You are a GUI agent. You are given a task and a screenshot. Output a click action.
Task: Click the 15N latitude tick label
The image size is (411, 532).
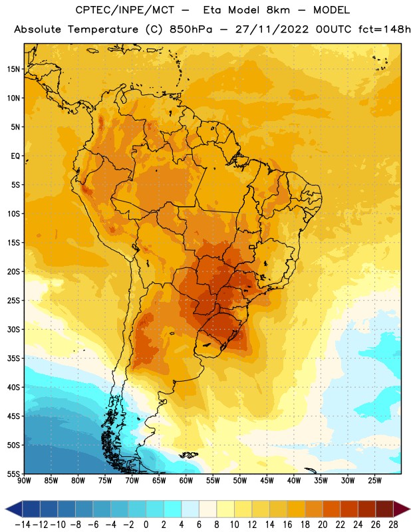click(13, 69)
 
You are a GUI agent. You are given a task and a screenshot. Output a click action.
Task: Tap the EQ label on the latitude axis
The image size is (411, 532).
click(15, 156)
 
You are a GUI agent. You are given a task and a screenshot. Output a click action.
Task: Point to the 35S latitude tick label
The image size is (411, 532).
click(13, 358)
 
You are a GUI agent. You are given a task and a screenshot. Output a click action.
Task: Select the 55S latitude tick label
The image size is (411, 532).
click(13, 474)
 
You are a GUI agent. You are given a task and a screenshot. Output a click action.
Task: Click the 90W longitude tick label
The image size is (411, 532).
click(24, 481)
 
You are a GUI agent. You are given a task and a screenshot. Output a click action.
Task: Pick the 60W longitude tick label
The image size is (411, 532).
click(186, 481)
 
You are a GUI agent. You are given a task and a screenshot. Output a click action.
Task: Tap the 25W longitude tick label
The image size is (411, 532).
click(374, 481)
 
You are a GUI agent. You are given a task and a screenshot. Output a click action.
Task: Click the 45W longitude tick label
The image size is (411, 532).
click(267, 481)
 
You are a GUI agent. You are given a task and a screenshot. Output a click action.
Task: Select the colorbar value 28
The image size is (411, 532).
click(393, 525)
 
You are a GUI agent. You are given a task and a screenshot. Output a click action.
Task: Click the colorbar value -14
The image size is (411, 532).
click(23, 525)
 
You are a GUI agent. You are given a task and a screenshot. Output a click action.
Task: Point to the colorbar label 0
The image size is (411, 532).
click(146, 525)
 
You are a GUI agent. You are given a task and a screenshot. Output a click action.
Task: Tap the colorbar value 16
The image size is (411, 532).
click(287, 525)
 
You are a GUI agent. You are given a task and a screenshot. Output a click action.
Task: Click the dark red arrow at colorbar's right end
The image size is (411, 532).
click(402, 509)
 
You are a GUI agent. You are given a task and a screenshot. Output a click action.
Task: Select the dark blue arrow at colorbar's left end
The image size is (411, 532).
click(14, 509)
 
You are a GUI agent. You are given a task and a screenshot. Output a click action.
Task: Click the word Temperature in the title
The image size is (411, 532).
click(103, 29)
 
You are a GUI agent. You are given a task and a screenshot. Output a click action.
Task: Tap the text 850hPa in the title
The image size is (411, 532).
click(191, 29)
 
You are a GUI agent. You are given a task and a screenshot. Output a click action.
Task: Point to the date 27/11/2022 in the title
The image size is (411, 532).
click(272, 29)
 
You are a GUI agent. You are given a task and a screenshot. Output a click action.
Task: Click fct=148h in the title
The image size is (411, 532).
click(384, 29)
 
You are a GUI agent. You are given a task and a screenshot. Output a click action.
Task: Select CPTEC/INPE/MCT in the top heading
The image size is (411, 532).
click(125, 10)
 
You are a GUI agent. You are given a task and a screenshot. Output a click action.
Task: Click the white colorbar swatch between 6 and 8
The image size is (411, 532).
click(208, 509)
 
